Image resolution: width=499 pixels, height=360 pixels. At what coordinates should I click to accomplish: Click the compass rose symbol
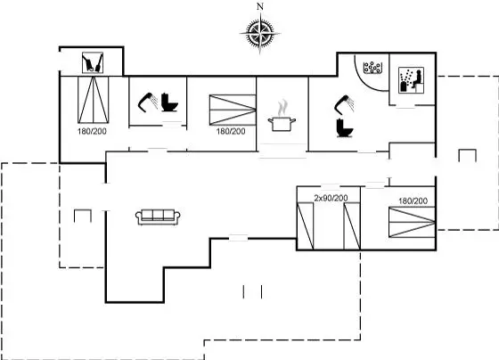(x=260, y=33)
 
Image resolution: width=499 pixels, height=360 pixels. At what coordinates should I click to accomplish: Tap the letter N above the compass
(x=260, y=6)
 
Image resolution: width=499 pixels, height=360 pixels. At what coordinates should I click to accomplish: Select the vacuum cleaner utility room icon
(x=93, y=62)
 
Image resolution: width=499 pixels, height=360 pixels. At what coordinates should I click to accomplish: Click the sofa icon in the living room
(x=158, y=217)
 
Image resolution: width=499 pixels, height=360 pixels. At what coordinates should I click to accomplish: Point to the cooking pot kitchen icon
(x=282, y=124)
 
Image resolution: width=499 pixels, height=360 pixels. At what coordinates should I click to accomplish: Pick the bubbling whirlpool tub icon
(x=372, y=68)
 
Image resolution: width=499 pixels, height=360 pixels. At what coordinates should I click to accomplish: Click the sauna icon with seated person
(x=411, y=80)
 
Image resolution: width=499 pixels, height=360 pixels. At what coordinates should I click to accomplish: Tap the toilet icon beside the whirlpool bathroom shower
(x=345, y=127)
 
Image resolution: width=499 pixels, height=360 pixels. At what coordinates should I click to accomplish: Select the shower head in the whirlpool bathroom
(x=344, y=104)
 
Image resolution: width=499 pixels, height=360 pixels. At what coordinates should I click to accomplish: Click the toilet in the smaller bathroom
(x=169, y=102)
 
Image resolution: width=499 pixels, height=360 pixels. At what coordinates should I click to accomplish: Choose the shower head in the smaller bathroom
(x=148, y=102)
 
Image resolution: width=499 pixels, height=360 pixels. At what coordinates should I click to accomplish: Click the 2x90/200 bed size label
(x=331, y=198)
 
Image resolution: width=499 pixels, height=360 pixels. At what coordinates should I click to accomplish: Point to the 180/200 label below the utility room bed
(x=92, y=131)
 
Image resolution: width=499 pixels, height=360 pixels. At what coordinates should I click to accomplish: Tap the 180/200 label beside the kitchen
(x=231, y=131)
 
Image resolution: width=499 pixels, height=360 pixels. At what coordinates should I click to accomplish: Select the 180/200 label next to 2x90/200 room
(x=413, y=200)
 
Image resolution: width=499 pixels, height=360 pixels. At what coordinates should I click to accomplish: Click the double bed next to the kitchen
(x=233, y=110)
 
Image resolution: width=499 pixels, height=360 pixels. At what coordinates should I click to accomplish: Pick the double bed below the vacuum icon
(x=94, y=100)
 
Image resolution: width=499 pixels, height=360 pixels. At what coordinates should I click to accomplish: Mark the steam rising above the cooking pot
(x=282, y=108)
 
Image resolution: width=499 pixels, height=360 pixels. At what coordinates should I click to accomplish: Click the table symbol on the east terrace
(x=467, y=155)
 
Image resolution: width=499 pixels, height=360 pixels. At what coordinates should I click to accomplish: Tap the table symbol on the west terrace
(x=83, y=216)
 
